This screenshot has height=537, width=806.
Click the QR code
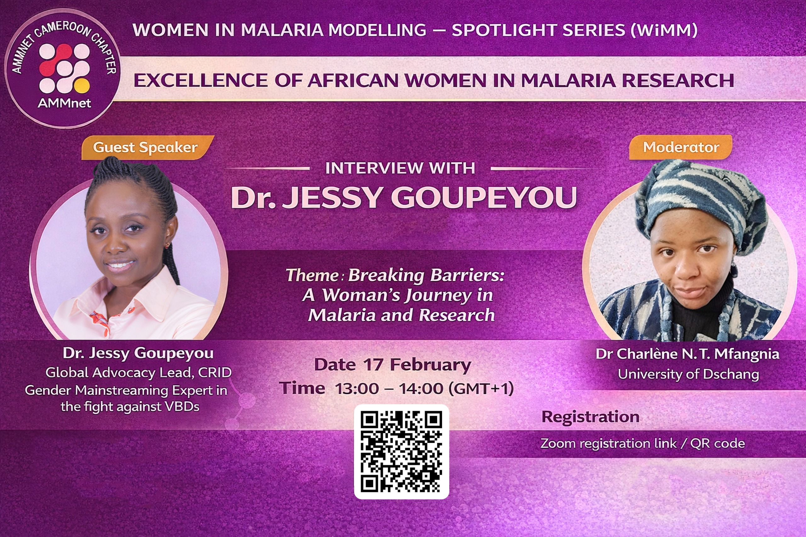click(x=401, y=452)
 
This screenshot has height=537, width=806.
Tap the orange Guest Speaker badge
click(x=147, y=148)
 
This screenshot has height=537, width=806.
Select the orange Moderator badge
click(x=681, y=147)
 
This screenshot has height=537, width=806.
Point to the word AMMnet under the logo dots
click(x=65, y=103)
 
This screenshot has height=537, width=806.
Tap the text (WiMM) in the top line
click(x=663, y=30)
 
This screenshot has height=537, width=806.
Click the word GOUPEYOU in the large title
click(x=484, y=198)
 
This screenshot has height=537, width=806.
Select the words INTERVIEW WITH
click(x=400, y=168)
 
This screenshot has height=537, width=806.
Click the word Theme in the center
click(x=312, y=275)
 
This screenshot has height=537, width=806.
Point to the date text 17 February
click(x=417, y=365)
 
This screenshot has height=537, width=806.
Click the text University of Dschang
click(x=689, y=374)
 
